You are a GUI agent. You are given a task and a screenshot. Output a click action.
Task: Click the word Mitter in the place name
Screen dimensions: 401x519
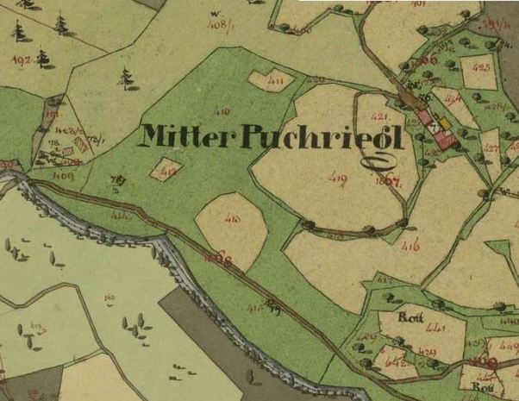[x=176, y=135]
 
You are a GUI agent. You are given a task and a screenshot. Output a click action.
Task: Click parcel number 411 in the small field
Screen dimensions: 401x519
[x=275, y=82]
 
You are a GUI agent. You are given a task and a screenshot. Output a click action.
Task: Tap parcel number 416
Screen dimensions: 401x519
[x=410, y=247]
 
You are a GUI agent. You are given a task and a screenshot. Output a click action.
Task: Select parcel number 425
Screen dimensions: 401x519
[x=481, y=66]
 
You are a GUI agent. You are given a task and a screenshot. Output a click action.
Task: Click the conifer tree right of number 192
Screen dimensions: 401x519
[x=43, y=59]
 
